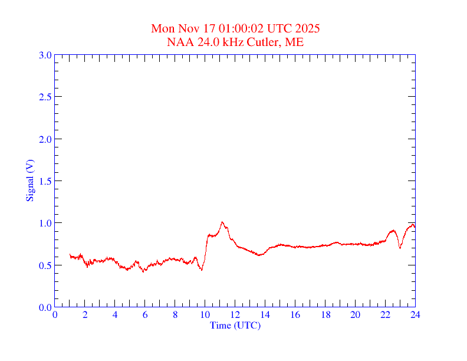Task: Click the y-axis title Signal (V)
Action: click(x=29, y=180)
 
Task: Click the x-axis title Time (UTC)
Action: click(x=235, y=325)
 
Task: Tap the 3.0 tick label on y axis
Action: click(x=45, y=55)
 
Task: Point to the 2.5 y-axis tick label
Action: click(x=45, y=97)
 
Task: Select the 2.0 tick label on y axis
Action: click(x=45, y=139)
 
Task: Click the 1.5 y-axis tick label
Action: click(x=45, y=181)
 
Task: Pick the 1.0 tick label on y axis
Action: click(x=45, y=223)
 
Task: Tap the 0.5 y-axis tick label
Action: click(x=45, y=265)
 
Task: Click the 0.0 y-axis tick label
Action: click(x=45, y=307)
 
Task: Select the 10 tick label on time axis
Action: click(x=205, y=315)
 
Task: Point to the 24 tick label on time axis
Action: click(x=415, y=315)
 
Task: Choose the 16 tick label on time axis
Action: click(x=295, y=315)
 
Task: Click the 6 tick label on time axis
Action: click(x=145, y=315)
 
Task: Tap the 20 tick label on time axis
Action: click(x=355, y=315)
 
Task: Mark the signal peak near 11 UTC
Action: click(x=222, y=222)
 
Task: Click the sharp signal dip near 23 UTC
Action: click(x=400, y=248)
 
